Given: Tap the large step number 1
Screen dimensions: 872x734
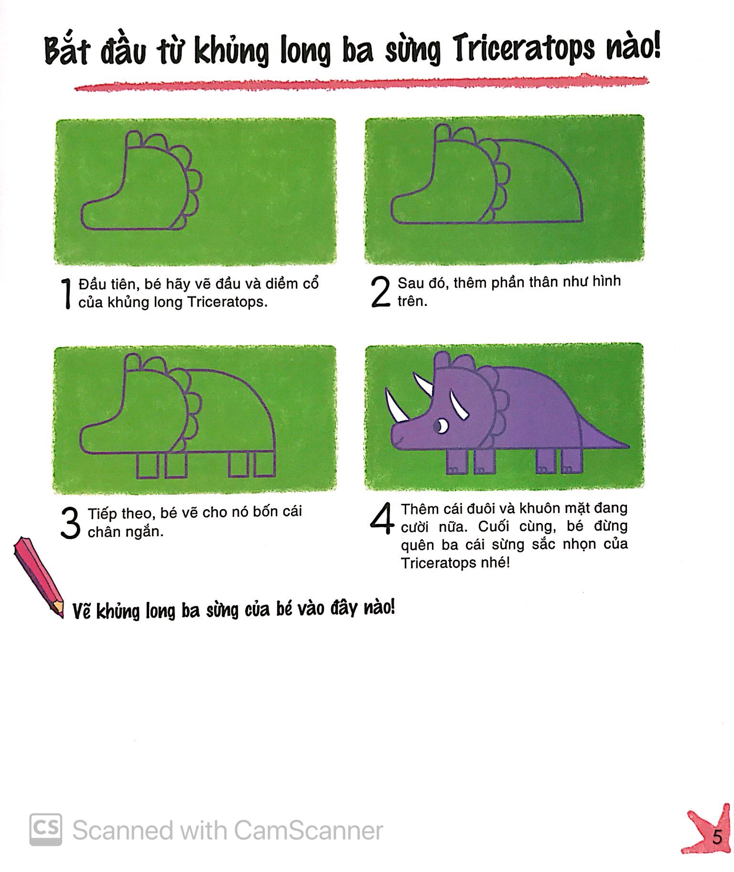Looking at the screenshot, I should point(66,293).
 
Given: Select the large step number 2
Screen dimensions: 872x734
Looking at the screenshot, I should point(381,292).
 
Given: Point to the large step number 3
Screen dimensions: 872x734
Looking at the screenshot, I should point(71,523).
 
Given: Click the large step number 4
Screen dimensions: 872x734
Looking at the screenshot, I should point(382,519).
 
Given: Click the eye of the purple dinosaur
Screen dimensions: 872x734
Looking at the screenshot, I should point(442,425).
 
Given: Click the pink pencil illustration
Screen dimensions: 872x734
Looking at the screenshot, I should point(38,576).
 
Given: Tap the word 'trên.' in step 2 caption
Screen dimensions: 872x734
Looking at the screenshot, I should point(412,301).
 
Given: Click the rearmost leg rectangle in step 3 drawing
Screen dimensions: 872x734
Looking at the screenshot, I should point(264,464).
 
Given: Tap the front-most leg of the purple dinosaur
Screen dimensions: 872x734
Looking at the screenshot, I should point(456,462).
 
